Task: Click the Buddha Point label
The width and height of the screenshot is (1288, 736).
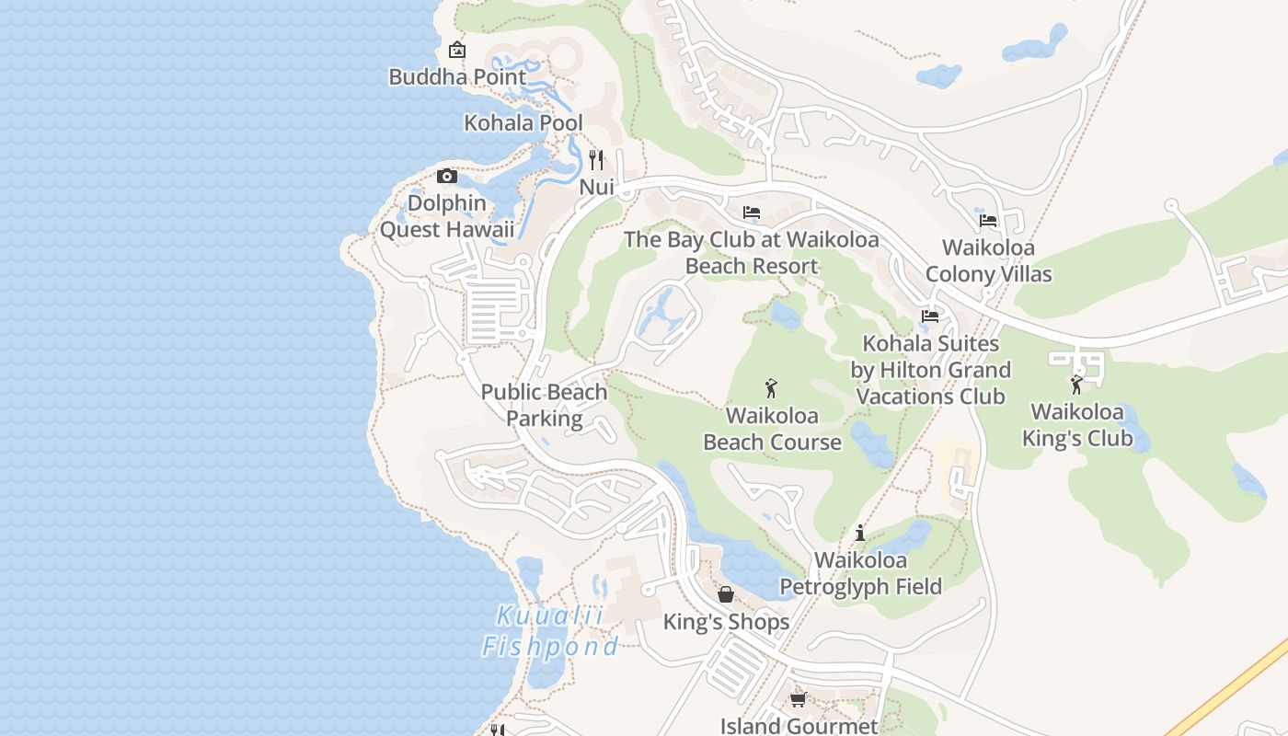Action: click(457, 77)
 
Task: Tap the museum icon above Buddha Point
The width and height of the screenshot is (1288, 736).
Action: click(456, 50)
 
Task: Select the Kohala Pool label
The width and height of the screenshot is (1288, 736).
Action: click(523, 122)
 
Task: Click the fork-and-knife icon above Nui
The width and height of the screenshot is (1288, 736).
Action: click(596, 160)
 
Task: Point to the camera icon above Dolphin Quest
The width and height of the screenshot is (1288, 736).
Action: click(447, 176)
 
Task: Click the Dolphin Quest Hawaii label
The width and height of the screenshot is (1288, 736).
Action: click(447, 216)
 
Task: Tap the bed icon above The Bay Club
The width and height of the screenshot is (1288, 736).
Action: click(752, 213)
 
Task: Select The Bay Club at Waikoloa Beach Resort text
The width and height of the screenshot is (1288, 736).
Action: click(752, 253)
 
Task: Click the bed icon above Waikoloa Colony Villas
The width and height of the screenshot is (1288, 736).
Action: click(988, 220)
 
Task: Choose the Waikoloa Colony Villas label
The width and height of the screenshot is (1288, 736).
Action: click(988, 260)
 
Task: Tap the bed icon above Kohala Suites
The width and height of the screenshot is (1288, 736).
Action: click(930, 316)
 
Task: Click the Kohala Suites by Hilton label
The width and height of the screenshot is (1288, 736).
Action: click(930, 370)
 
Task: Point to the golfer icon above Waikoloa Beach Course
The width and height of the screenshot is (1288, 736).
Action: click(772, 388)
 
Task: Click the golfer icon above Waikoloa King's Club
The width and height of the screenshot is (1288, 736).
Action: click(1077, 385)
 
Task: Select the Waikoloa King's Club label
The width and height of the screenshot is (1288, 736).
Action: click(1077, 425)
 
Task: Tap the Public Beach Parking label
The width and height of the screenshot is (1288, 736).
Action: click(544, 405)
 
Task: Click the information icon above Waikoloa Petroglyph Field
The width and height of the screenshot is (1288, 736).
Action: click(860, 533)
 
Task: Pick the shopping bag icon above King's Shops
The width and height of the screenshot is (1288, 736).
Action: click(726, 594)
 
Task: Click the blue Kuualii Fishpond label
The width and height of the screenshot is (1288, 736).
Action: click(550, 631)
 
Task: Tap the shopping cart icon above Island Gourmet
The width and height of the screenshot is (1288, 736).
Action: click(798, 699)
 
